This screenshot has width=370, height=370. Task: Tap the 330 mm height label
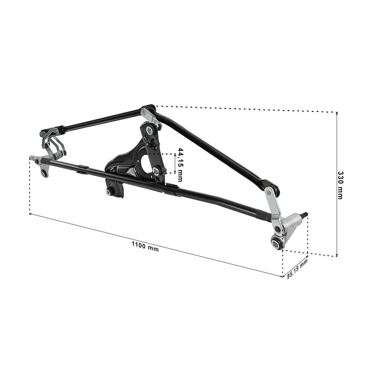[340, 185]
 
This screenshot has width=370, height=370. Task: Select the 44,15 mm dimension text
[180, 165]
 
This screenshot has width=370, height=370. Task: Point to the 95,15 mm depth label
[297, 269]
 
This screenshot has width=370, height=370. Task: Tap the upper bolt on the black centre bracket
[149, 129]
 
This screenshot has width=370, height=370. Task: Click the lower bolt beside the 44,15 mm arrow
[155, 170]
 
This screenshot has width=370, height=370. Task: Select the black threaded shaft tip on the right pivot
[305, 215]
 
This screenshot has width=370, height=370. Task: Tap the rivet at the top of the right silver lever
[269, 192]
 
